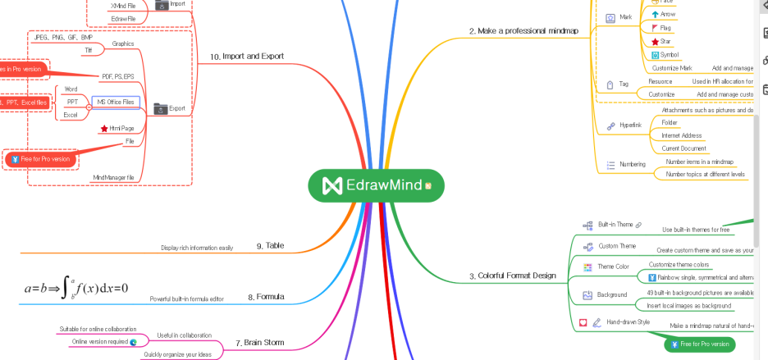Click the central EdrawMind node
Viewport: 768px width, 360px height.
[377, 185]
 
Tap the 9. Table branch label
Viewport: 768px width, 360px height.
[270, 245]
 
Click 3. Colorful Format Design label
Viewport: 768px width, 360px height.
[512, 276]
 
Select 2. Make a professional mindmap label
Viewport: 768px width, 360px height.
[523, 30]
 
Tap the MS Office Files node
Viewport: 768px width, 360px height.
[116, 102]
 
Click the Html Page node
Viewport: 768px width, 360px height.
[121, 129]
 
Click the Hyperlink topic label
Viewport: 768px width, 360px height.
[629, 125]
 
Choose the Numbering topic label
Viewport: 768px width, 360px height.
[631, 165]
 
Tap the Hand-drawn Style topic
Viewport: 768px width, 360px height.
[628, 322]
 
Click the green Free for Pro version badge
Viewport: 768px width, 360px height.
[700, 344]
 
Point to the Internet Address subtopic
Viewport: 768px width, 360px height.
[681, 135]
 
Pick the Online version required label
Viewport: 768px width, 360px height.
[99, 341]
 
